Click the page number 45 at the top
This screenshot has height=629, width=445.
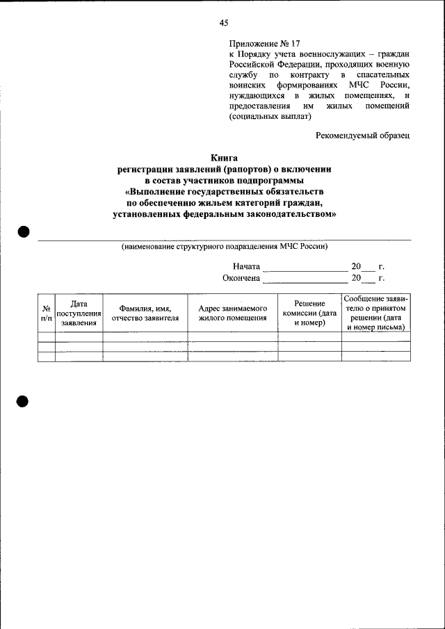[224, 23]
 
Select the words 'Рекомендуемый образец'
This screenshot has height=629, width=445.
[362, 135]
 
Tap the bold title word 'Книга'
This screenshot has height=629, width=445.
[224, 158]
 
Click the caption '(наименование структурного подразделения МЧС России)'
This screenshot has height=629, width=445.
[224, 246]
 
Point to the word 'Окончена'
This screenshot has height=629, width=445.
[241, 279]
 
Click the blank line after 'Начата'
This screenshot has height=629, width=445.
[305, 268]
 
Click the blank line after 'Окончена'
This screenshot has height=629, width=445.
[305, 280]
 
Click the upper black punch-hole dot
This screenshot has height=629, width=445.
[24, 232]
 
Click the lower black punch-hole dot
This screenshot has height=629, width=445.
[24, 401]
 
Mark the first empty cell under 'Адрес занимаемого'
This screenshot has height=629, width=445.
[233, 336]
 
